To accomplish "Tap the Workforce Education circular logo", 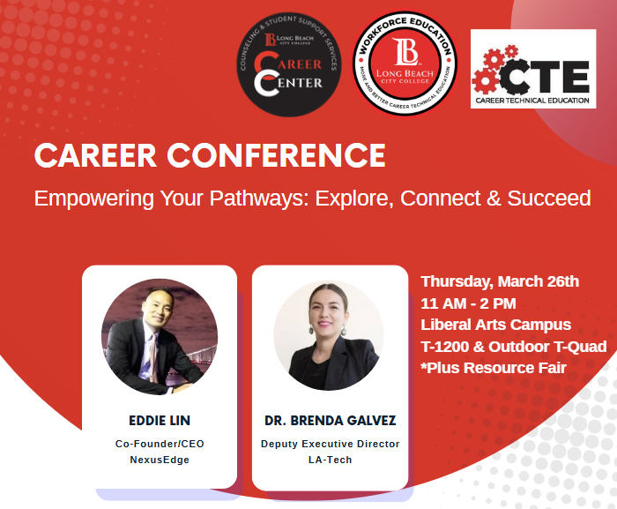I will (405, 64).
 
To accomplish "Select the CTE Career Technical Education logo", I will (533, 74).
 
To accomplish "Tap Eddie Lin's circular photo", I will (160, 337).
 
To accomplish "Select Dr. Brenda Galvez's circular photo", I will (329, 337).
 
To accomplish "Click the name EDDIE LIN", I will (160, 420).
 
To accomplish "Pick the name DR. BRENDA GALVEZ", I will (330, 420).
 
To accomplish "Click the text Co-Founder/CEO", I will (160, 444).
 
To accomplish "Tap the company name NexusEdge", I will (160, 460).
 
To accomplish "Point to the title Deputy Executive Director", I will (330, 444).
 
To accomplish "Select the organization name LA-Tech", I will (330, 460).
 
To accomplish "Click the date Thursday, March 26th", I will (500, 282).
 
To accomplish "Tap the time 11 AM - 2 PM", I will (469, 303).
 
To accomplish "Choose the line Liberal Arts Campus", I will (495, 325).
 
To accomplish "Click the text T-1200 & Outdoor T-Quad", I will (514, 346).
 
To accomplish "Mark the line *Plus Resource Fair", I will (494, 367).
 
